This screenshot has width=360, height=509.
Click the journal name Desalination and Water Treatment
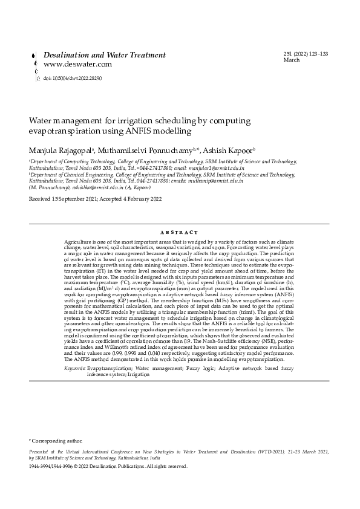point(105,55)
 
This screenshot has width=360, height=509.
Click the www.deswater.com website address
point(78,64)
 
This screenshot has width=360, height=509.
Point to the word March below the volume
point(292,60)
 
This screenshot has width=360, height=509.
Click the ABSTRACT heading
point(179,232)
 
